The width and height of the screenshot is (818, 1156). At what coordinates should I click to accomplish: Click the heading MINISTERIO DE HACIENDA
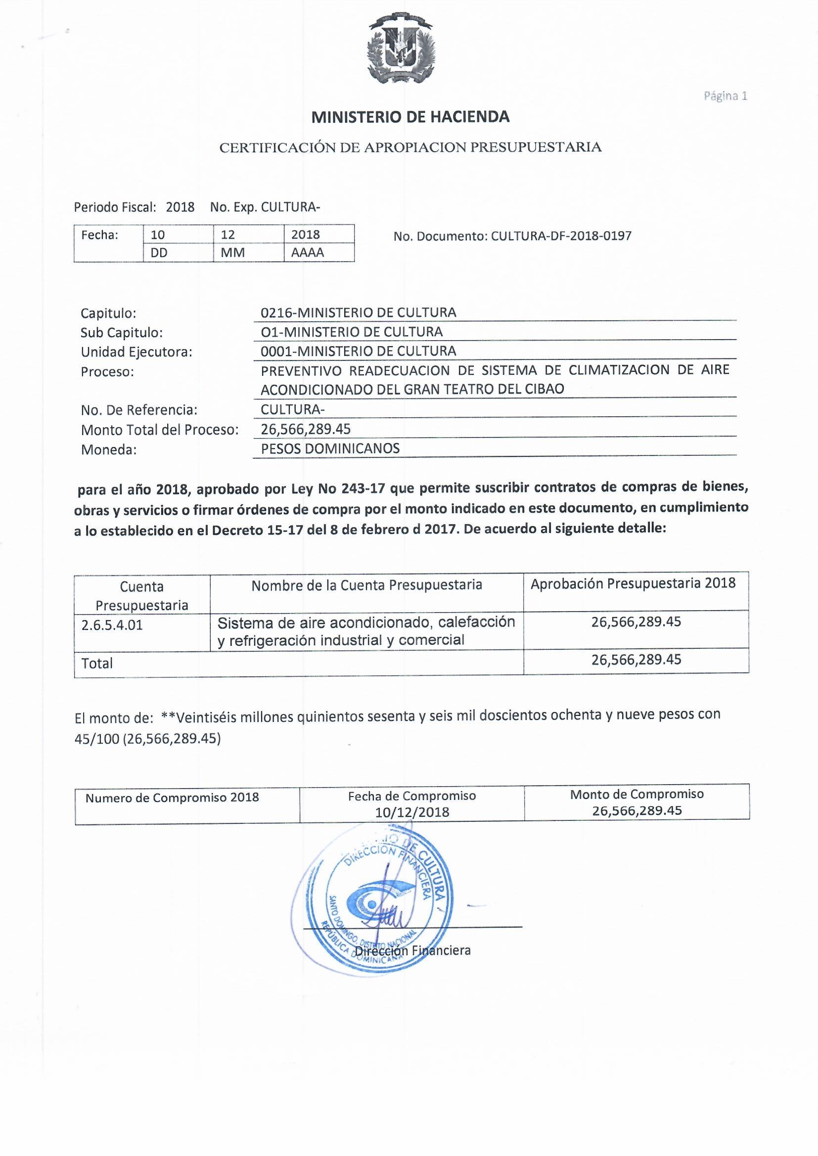410,117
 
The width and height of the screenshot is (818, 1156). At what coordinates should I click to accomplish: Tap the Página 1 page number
726,95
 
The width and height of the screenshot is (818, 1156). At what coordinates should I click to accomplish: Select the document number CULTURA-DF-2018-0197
561,236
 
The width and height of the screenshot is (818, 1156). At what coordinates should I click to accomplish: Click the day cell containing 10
158,235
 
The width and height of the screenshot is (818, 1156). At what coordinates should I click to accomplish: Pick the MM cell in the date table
233,253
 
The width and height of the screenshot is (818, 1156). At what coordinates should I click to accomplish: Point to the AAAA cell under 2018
307,253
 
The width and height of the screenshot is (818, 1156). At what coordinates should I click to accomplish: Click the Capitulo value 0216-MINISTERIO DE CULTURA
358,312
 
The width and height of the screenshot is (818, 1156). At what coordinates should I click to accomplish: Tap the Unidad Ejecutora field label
136,352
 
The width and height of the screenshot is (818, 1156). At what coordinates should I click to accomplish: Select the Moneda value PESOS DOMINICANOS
330,448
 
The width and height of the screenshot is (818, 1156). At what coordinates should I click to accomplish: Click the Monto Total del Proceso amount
306,429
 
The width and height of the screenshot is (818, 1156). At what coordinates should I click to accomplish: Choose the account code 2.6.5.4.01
112,625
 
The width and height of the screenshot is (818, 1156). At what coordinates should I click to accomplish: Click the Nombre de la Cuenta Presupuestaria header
366,585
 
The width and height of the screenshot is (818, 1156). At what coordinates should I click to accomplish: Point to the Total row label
97,664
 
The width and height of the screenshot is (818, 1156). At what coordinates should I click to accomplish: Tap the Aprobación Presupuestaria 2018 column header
633,583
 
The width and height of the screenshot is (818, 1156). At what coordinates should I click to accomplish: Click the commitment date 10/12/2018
412,812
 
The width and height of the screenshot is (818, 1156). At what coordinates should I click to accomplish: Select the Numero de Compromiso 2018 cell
172,798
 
